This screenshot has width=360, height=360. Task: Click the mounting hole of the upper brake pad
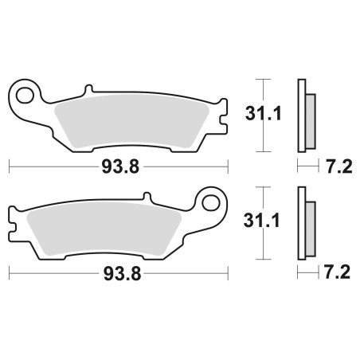coord(25,96)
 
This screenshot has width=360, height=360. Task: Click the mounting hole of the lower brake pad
coord(211,203)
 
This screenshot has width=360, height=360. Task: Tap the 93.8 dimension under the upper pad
coord(120,167)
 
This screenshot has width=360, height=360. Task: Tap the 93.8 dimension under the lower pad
coord(122,274)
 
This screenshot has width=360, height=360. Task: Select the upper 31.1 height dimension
coord(263,114)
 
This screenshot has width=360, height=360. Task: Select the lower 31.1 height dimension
coord(261,221)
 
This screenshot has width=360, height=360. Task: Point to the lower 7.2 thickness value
coord(337,272)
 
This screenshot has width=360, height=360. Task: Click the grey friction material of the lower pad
coord(104,229)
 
